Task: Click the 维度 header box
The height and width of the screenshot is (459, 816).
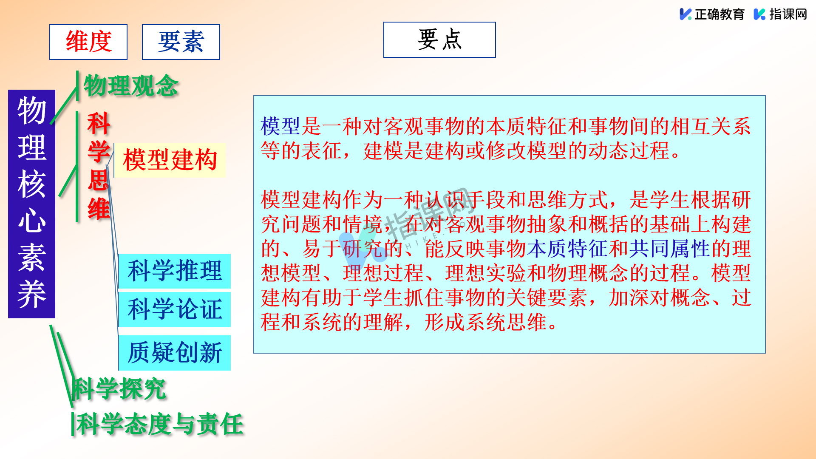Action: (88, 42)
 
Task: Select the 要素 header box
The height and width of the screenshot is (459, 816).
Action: (181, 42)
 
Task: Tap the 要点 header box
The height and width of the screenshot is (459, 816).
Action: (439, 40)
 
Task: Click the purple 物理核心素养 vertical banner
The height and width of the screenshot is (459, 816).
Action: (32, 204)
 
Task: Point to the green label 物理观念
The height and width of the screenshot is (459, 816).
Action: (131, 85)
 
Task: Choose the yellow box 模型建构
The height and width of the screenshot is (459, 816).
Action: (170, 160)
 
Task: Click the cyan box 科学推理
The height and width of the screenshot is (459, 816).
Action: (175, 271)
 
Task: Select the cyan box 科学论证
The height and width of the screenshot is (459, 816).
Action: (175, 309)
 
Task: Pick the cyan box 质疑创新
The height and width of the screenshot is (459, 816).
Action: (175, 353)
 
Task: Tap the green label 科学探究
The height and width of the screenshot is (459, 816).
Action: (119, 388)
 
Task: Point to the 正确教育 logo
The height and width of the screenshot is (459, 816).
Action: (712, 14)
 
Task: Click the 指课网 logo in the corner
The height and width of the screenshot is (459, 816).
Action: (780, 14)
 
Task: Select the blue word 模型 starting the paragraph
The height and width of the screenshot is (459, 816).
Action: (280, 126)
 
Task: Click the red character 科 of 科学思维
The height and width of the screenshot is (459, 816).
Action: (99, 124)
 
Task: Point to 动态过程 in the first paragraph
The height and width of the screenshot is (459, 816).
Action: (629, 151)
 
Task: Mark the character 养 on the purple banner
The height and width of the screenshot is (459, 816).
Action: (32, 294)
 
